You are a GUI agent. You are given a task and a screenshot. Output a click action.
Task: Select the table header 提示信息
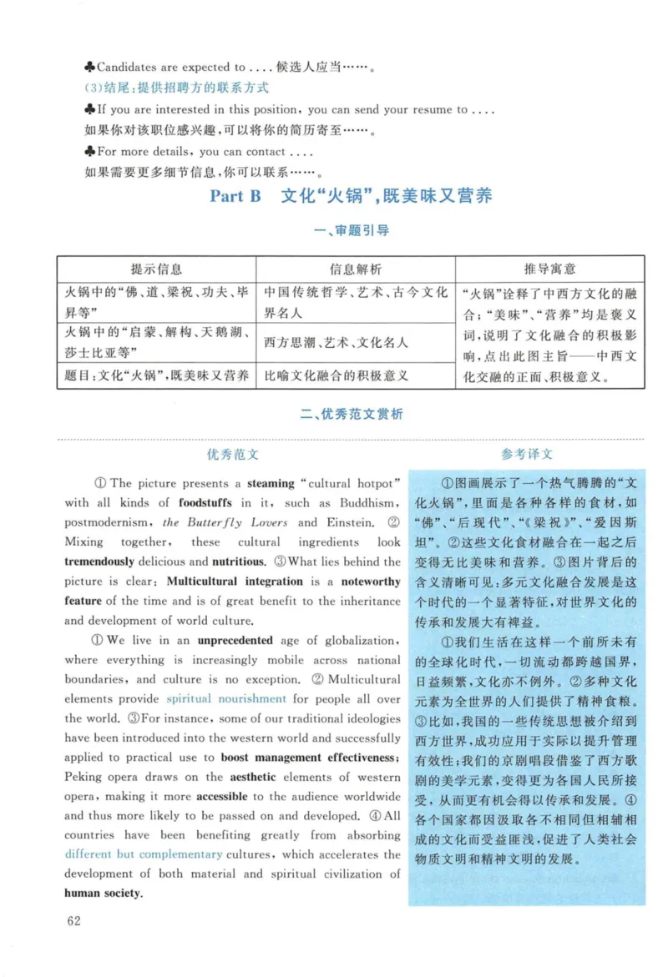(156, 269)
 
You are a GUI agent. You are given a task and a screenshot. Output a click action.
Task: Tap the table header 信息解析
(356, 269)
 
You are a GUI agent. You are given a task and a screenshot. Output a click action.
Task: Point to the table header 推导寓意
(549, 269)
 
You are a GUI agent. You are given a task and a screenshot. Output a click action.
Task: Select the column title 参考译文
(526, 455)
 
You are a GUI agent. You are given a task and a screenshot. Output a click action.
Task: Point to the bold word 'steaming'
(271, 483)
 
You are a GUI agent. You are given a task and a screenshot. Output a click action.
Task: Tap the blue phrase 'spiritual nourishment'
(226, 698)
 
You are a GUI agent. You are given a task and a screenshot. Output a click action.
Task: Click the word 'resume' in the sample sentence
(430, 109)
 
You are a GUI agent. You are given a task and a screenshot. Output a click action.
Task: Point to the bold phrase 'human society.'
(104, 893)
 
